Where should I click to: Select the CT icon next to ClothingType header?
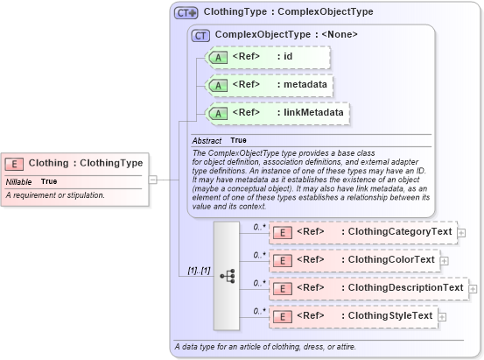(186, 13)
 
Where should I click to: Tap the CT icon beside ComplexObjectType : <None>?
(200, 35)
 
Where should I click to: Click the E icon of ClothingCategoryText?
(282, 232)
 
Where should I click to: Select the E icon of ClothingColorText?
(282, 260)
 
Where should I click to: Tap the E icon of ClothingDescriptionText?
(282, 288)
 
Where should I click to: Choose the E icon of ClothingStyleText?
(282, 316)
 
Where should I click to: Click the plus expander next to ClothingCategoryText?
(461, 232)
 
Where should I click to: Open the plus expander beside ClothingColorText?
(444, 260)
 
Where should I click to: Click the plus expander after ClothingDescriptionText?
(473, 288)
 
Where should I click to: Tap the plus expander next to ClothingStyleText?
(442, 316)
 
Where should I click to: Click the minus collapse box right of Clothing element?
(152, 180)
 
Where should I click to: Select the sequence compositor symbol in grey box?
(227, 276)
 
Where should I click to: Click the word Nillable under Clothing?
(19, 181)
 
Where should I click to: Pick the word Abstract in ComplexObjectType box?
(207, 140)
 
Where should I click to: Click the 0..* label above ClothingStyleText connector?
(259, 311)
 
